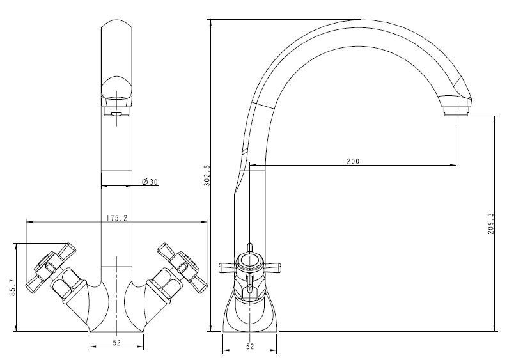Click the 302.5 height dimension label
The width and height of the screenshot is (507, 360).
(x=207, y=175)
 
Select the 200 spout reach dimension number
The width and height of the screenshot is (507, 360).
(x=353, y=161)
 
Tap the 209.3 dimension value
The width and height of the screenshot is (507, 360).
(x=491, y=224)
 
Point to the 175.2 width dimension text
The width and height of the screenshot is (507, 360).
(x=117, y=218)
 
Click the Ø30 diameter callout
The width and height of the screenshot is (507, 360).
(x=150, y=182)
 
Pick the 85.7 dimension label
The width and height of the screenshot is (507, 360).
(x=12, y=287)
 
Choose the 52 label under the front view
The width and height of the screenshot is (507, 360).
(x=117, y=343)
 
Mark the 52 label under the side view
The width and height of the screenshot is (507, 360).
(x=249, y=347)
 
